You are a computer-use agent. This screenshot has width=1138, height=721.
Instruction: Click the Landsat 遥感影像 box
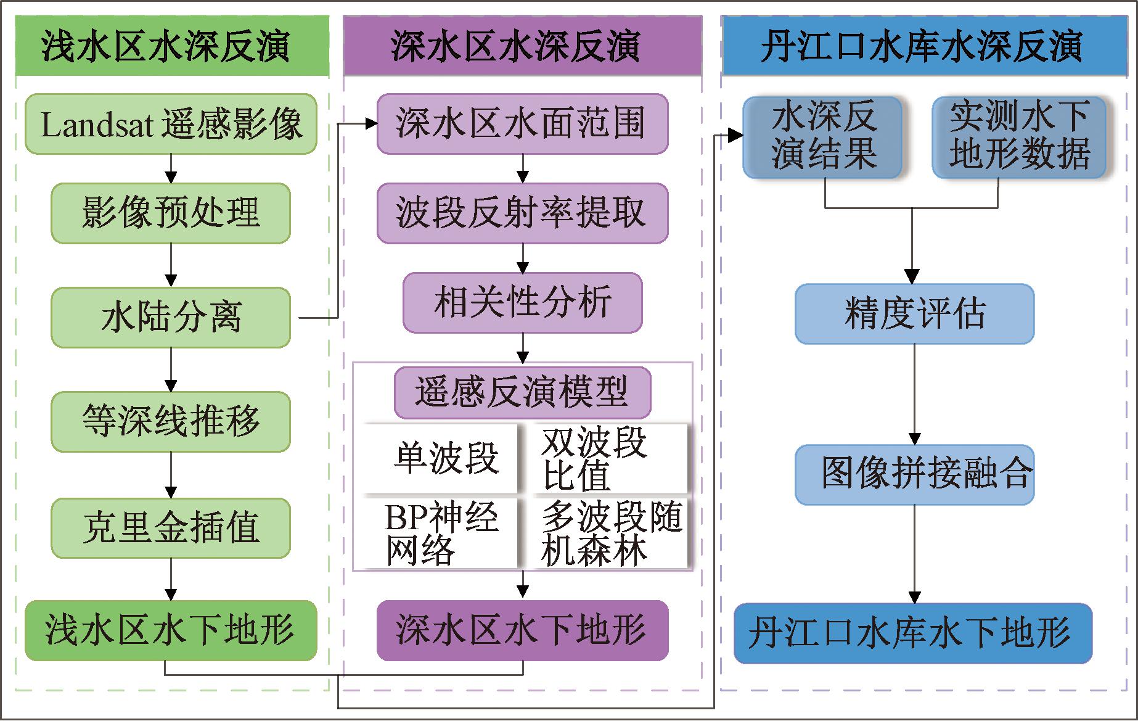coord(171,124)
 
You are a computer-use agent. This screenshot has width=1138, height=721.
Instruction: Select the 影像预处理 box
coord(171,213)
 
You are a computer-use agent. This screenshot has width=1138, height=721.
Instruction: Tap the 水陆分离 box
coord(171,318)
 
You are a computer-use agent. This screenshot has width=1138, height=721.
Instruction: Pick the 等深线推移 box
coord(171,422)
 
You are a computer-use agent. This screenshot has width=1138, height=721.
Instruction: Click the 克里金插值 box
coord(171,529)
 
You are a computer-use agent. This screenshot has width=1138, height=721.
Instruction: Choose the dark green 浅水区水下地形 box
coord(171,630)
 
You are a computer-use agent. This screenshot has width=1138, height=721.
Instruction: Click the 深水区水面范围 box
coord(522,124)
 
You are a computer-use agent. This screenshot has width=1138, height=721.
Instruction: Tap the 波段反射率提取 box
coord(522,213)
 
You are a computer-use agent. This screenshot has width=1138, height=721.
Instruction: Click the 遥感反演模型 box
coord(522,392)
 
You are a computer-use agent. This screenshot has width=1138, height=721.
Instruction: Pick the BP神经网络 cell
coord(440,534)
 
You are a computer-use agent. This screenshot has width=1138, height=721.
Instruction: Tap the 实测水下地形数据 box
coord(1018,137)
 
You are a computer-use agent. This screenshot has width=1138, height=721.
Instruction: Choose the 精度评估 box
coord(914,314)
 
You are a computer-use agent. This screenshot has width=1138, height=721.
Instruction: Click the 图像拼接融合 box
coord(914,474)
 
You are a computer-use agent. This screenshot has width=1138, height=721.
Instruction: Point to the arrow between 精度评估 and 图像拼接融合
coord(914,395)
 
